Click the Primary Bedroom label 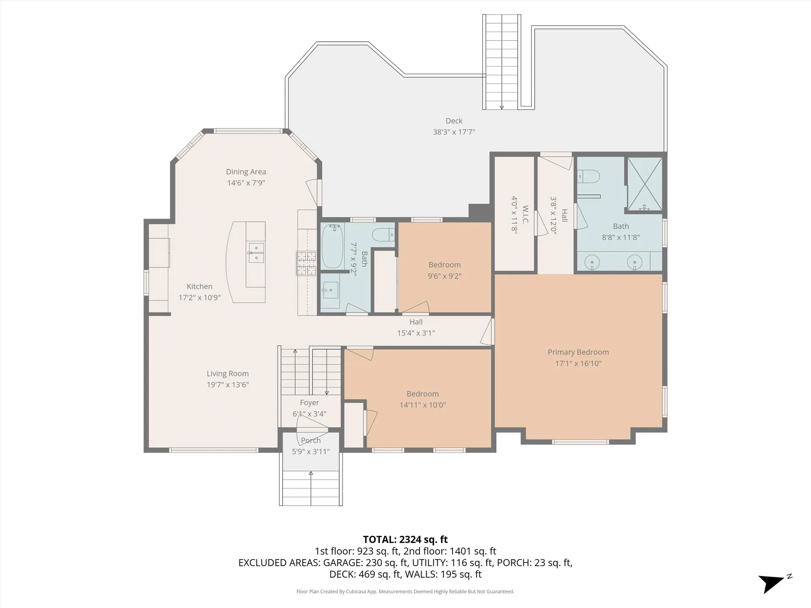tap(578, 352)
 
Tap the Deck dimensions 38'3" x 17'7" tap(454, 132)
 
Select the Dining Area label tap(246, 172)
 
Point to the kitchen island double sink tap(256, 252)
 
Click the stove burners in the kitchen tap(306, 263)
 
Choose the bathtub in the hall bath tap(332, 246)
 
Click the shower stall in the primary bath tap(645, 184)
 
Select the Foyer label tap(310, 403)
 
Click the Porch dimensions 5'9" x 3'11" tap(311, 452)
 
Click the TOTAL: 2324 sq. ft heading tap(405, 540)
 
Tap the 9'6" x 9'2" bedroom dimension tap(445, 276)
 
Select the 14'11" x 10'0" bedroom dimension tap(423, 405)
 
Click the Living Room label tap(228, 374)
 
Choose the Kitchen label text tap(199, 286)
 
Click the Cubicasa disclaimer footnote tap(405, 592)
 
